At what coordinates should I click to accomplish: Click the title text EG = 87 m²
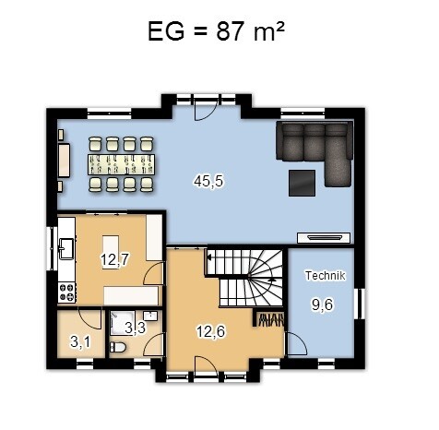(x=216, y=31)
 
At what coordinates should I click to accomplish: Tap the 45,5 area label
(x=208, y=181)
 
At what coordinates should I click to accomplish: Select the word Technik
(x=325, y=276)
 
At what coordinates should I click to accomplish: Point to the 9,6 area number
(x=322, y=305)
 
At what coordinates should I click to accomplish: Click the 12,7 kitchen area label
(x=114, y=260)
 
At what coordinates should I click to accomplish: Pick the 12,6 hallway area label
(x=210, y=331)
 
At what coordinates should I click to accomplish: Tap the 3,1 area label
(x=80, y=341)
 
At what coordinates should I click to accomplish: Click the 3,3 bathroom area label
(x=135, y=328)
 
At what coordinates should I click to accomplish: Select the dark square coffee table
(x=302, y=183)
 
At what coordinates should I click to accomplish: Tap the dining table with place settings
(x=121, y=164)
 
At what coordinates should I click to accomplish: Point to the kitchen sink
(x=66, y=248)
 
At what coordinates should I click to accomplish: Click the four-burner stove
(x=67, y=293)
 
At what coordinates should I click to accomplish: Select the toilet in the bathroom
(x=118, y=347)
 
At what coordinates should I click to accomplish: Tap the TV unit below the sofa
(x=324, y=238)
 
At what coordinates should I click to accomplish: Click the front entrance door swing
(x=207, y=364)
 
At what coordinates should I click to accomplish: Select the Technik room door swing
(x=297, y=344)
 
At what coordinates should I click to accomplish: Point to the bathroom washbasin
(x=150, y=316)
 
